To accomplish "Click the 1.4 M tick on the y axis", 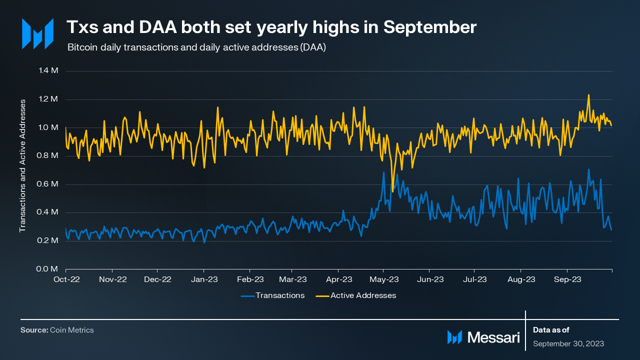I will (x=48, y=70).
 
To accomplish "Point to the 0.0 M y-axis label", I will (x=48, y=269).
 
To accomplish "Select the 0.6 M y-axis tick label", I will (x=48, y=184).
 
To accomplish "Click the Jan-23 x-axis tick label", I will (x=203, y=279).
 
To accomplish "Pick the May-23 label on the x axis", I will (x=386, y=279).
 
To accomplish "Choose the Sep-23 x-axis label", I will (x=567, y=279).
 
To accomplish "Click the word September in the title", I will (x=430, y=28).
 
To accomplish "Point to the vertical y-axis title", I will (x=22, y=165).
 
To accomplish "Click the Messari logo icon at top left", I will (x=37, y=33).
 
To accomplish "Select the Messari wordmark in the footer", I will (x=493, y=337).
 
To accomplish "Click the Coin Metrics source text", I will (x=72, y=330).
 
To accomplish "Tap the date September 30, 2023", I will (x=568, y=344).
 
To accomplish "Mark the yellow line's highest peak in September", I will (x=588, y=94).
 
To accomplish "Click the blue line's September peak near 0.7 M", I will (x=588, y=169).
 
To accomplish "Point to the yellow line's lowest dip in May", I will (x=392, y=191).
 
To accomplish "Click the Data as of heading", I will (x=551, y=330).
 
